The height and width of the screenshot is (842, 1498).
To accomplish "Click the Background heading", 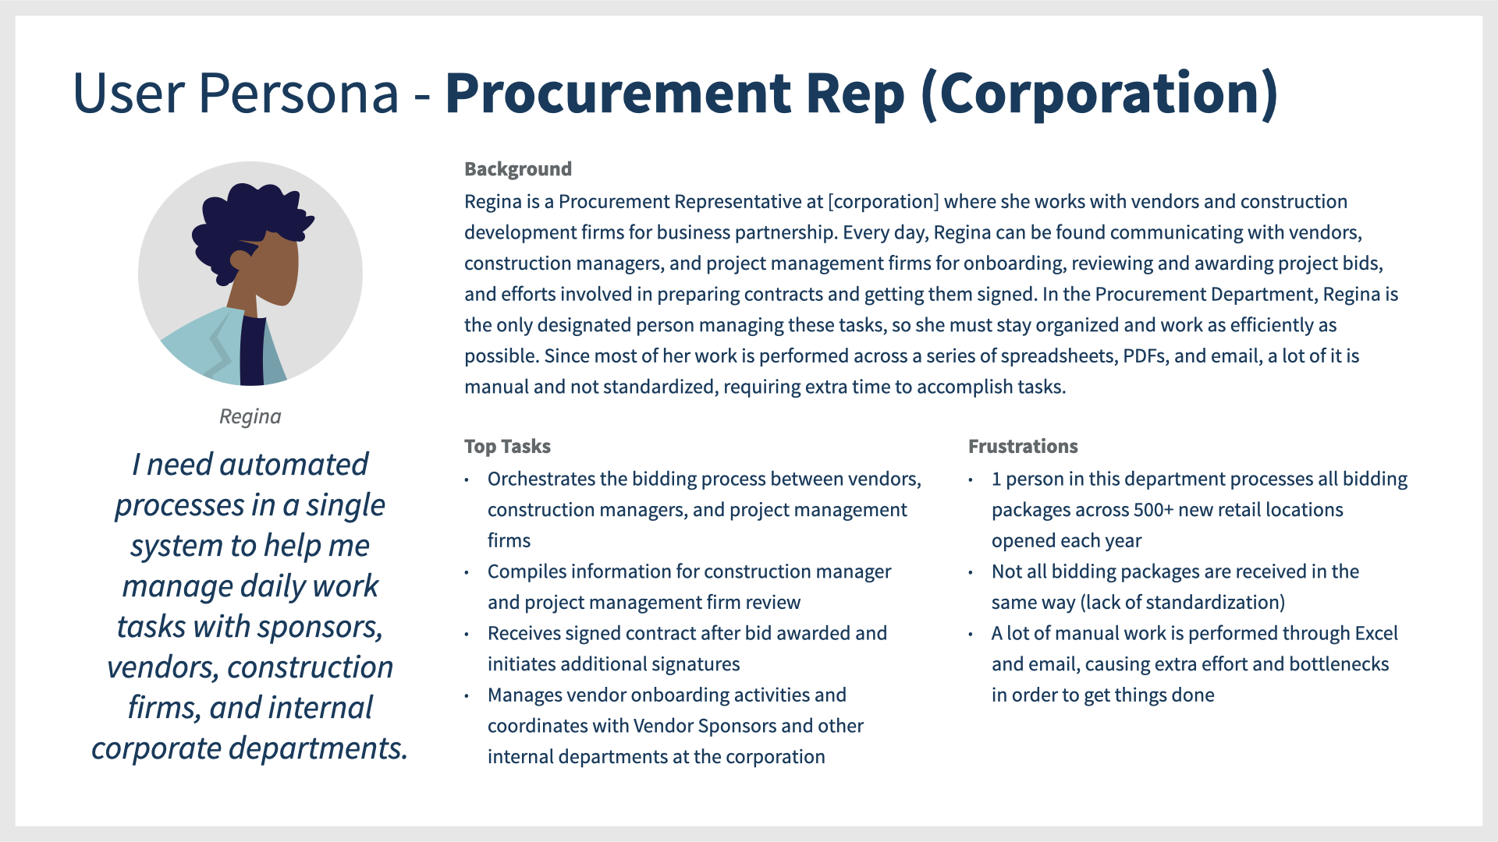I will [x=518, y=169].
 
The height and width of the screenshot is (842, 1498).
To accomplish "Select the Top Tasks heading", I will [x=507, y=446].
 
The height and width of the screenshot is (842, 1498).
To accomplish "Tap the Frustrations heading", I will [x=1023, y=446].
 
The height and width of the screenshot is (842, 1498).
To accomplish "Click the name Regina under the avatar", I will [x=250, y=416].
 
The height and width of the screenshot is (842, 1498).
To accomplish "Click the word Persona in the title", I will [x=298, y=94].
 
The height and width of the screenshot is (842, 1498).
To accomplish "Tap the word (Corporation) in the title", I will [x=1099, y=94].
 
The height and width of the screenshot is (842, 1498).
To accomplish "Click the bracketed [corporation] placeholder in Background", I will [x=883, y=202].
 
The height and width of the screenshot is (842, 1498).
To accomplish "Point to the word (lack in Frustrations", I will [x=1102, y=603].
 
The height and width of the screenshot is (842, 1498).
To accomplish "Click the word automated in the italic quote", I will [x=293, y=465].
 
